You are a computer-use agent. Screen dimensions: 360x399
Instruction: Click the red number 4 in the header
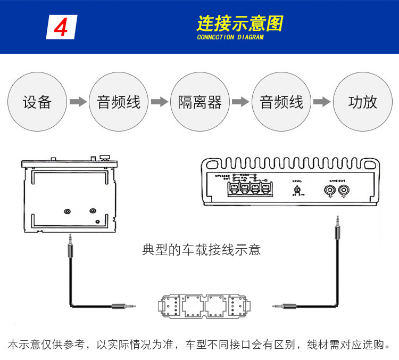click(61, 27)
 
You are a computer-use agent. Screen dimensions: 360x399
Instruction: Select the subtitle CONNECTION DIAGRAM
click(230, 38)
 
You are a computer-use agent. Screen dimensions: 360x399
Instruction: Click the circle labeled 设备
click(37, 102)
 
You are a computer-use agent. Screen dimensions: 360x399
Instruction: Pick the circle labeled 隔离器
click(200, 102)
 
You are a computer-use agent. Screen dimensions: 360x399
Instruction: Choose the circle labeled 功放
click(362, 102)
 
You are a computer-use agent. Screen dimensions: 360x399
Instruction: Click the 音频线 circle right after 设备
click(119, 102)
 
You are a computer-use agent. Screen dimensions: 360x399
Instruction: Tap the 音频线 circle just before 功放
click(281, 102)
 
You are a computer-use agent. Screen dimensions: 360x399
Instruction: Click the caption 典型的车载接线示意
click(202, 249)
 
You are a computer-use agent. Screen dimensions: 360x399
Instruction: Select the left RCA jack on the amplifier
click(331, 189)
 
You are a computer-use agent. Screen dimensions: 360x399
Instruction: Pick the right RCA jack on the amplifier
click(344, 189)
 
